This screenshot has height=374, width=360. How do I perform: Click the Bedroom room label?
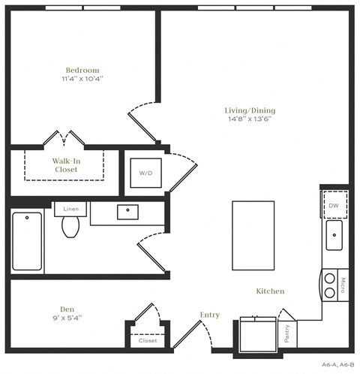82,70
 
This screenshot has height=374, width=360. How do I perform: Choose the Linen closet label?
71,208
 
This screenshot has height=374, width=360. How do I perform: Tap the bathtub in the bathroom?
27,240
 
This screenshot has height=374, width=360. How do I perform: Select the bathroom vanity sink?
127,212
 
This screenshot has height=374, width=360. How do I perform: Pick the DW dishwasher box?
334,204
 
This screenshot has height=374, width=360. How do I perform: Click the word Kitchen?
270,291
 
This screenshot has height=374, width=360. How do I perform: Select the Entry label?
210,314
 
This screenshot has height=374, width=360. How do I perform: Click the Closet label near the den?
148,340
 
